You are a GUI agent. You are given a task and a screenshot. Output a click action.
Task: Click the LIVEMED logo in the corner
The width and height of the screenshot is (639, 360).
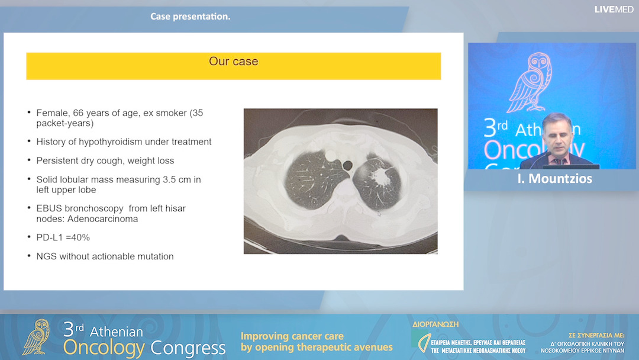pyautogui.click(x=614, y=9)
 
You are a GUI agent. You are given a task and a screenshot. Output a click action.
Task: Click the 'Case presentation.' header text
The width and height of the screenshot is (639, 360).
pyautogui.click(x=190, y=17)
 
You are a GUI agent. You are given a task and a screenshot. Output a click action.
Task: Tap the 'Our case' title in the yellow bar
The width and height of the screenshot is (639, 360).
pyautogui.click(x=233, y=62)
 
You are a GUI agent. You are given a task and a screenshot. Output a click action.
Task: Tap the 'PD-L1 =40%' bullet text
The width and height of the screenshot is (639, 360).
pyautogui.click(x=63, y=237)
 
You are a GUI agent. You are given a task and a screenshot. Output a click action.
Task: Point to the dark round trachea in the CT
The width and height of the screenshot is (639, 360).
pyautogui.click(x=347, y=164)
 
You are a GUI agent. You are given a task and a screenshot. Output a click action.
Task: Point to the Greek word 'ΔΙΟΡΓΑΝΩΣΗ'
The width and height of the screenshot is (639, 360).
pyautogui.click(x=435, y=324)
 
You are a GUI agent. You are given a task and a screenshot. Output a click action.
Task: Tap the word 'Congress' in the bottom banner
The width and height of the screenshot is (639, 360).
pyautogui.click(x=188, y=348)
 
